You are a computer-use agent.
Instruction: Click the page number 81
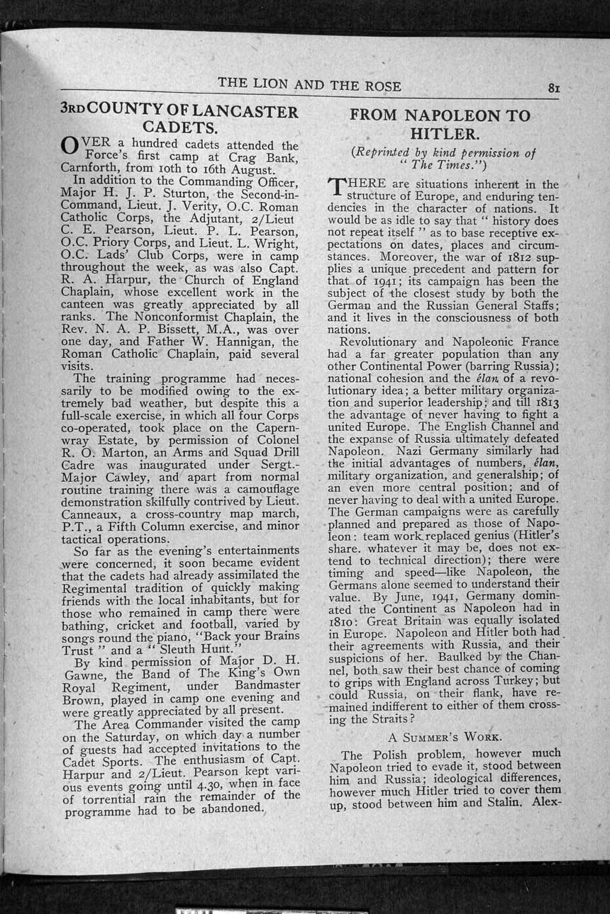[x=554, y=88]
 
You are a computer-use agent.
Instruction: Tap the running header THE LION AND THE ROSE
[x=309, y=85]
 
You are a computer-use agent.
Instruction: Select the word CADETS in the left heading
[x=178, y=128]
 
